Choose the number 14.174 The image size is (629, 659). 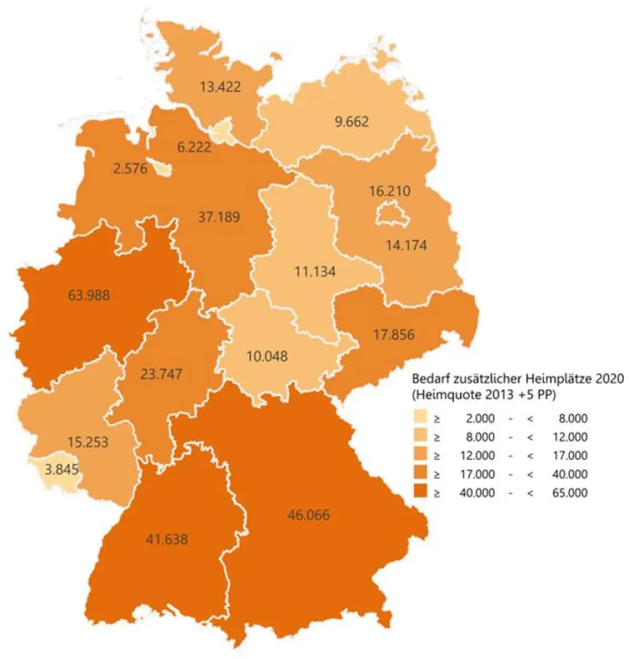tap(406, 244)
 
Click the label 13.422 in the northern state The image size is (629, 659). tap(220, 86)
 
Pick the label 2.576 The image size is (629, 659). tap(130, 169)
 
